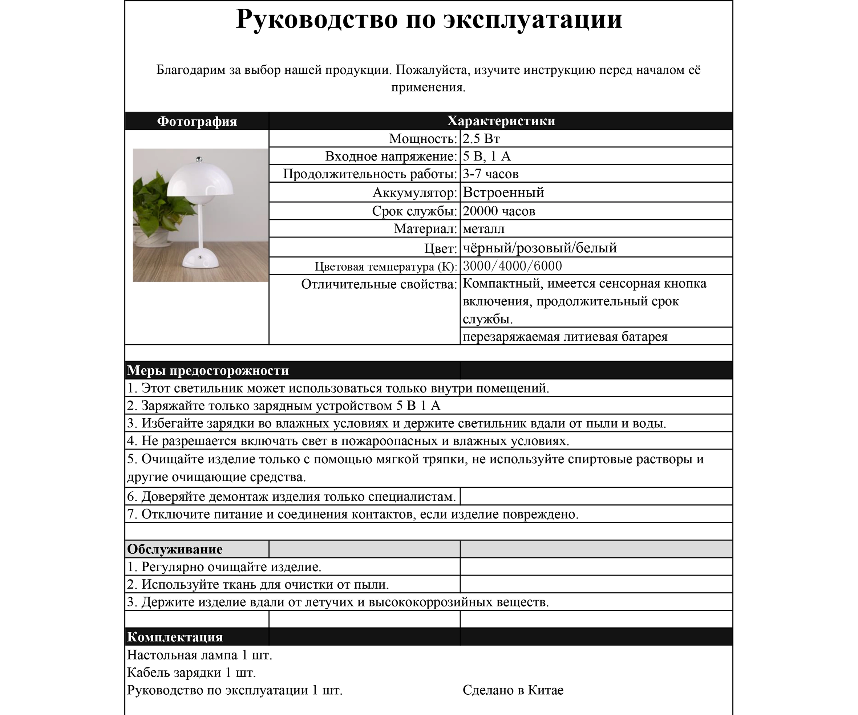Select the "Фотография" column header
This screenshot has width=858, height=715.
(197, 121)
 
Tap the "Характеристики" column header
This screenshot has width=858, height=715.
(501, 121)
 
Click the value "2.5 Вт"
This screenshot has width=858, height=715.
(481, 139)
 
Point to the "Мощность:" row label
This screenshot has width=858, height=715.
(422, 139)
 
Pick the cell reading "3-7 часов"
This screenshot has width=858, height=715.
(490, 174)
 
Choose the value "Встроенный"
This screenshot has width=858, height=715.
(503, 192)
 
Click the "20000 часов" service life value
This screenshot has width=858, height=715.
(499, 211)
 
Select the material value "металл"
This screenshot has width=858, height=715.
(484, 229)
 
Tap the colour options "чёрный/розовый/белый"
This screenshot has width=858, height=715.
(540, 248)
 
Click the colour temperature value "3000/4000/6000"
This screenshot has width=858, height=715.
(512, 266)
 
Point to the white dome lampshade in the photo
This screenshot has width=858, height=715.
(200, 180)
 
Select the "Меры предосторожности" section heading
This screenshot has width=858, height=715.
(208, 370)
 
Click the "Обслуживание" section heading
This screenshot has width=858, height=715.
(175, 549)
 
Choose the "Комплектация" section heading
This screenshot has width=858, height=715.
(175, 637)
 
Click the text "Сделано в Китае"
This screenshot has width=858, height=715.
(513, 690)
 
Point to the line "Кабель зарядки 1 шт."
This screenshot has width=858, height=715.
(191, 673)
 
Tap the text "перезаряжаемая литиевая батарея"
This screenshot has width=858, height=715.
(565, 337)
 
